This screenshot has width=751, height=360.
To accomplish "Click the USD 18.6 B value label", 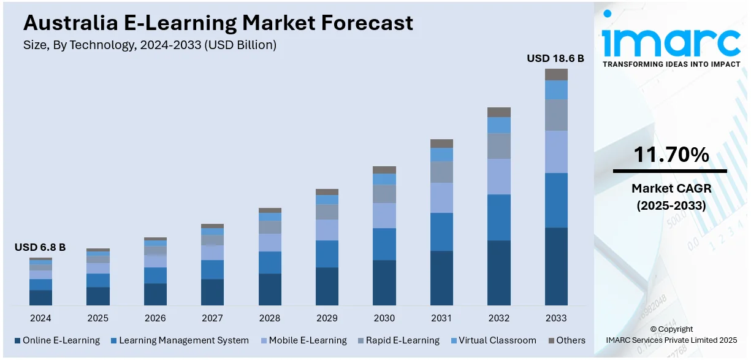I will pyautogui.click(x=555, y=58).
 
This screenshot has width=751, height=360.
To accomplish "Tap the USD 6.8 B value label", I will pyautogui.click(x=40, y=247).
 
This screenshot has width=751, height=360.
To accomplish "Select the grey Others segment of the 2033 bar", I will pyautogui.click(x=556, y=74).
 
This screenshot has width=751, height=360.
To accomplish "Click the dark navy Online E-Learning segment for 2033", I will pyautogui.click(x=556, y=266).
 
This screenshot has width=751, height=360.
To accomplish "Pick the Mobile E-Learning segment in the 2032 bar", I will pyautogui.click(x=499, y=177).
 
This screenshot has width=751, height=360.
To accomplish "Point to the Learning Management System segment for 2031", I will pyautogui.click(x=441, y=232).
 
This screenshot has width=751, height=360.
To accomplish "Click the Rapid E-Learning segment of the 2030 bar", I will pyautogui.click(x=384, y=194).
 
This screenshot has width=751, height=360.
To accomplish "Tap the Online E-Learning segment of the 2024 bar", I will pyautogui.click(x=40, y=297).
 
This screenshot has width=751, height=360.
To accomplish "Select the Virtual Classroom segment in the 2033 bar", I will pyautogui.click(x=556, y=90).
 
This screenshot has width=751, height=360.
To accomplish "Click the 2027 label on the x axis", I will pyautogui.click(x=212, y=318).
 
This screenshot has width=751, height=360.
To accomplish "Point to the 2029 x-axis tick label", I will pyautogui.click(x=327, y=318).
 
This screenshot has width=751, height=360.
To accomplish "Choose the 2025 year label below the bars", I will pyautogui.click(x=97, y=318).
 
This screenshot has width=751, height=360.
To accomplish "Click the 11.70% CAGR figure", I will pyautogui.click(x=671, y=155).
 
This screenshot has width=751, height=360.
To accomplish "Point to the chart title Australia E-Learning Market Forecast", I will pyautogui.click(x=218, y=23).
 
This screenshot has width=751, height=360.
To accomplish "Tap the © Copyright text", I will pyautogui.click(x=671, y=329).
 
